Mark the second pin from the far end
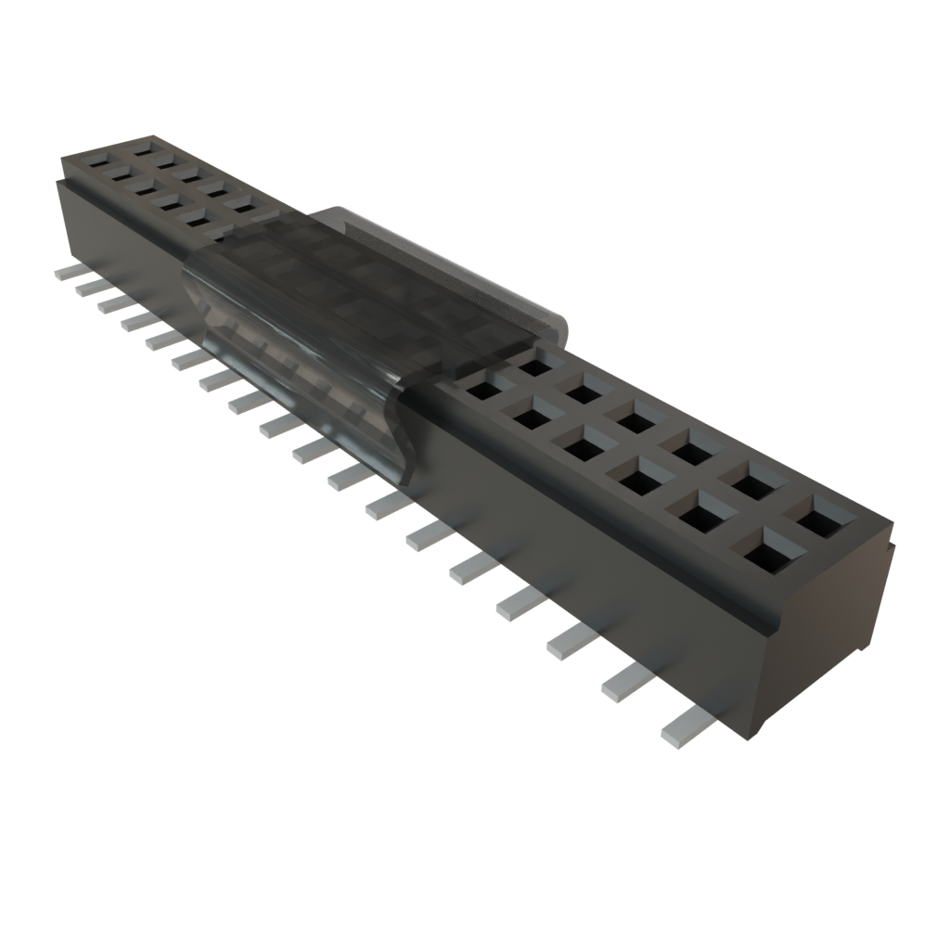point(88,287)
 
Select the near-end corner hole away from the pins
point(816,516)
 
